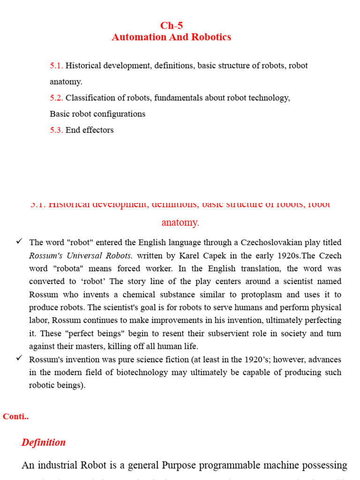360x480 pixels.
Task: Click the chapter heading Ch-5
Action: [x=171, y=26]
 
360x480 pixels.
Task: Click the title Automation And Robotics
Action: [x=171, y=37]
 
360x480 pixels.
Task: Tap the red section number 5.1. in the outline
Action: [x=56, y=66]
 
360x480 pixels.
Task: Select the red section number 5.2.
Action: [x=56, y=98]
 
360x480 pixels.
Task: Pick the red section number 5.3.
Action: [x=56, y=130]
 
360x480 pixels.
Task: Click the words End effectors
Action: [x=90, y=130]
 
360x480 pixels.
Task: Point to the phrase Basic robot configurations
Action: [x=97, y=114]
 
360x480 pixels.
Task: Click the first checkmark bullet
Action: [x=19, y=241]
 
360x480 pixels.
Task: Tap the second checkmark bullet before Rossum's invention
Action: [x=19, y=358]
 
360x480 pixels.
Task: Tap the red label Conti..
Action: [x=15, y=417]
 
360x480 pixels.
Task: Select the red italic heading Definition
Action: [x=44, y=442]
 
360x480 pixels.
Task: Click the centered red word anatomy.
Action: [x=180, y=223]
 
